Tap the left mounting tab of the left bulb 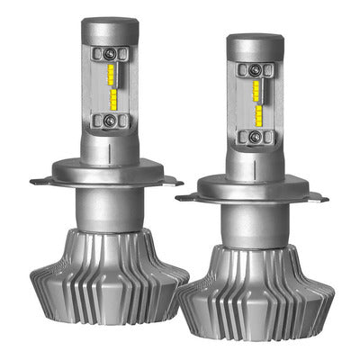tap(41, 181)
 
